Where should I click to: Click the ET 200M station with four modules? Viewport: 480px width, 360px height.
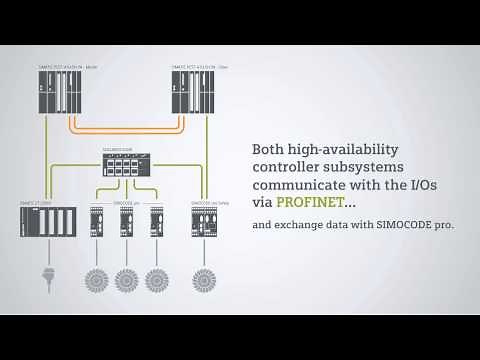[x=48, y=221]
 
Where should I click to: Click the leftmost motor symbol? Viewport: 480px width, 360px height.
[x=97, y=279]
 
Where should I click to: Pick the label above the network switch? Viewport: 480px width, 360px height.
[x=117, y=151]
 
